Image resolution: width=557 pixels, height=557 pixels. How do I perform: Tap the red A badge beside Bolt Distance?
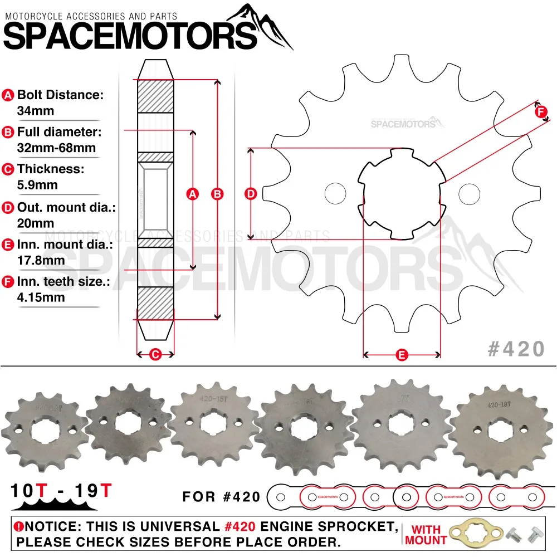[8, 95]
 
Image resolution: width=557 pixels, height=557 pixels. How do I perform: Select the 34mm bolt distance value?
[36, 111]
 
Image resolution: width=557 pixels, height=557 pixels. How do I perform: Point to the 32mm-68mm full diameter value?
[56, 148]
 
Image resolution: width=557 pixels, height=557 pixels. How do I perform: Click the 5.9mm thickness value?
[37, 185]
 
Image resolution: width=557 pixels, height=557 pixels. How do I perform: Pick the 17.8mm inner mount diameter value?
[41, 260]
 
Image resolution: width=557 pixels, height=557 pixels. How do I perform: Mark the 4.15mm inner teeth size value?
[41, 297]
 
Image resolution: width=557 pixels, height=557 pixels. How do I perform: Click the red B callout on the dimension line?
[218, 194]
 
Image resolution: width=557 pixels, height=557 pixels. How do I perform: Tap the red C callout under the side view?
[156, 353]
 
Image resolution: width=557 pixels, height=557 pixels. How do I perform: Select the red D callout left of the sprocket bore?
[251, 194]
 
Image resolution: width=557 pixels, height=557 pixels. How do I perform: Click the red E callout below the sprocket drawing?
[402, 354]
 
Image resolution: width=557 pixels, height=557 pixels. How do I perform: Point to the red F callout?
[541, 111]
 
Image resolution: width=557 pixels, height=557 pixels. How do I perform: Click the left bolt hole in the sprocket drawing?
[335, 193]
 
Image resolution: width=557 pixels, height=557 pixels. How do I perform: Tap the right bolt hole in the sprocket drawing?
[469, 193]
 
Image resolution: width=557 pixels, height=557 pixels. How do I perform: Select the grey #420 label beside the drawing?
[516, 349]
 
